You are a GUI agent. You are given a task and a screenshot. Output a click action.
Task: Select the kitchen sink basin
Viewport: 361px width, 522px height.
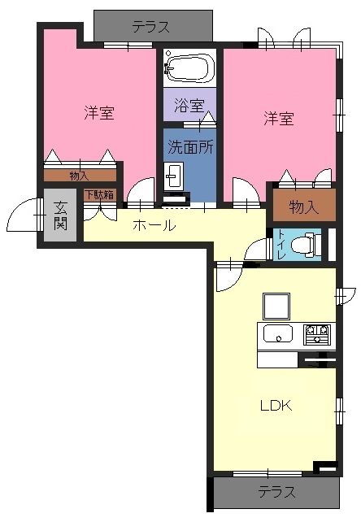[278, 333]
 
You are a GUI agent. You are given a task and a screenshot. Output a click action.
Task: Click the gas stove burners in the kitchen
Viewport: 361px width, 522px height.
[317, 334]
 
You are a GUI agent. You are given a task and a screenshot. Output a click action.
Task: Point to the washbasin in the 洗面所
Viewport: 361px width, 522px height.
[173, 176]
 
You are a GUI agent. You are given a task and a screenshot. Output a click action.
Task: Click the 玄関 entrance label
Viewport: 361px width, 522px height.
[60, 215]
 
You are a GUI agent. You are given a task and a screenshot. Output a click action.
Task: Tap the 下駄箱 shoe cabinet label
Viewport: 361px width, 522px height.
[100, 195]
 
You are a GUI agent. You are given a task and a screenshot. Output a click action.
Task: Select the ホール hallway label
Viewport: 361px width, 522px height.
[154, 225]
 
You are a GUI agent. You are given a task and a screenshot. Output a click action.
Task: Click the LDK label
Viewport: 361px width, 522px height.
[276, 406]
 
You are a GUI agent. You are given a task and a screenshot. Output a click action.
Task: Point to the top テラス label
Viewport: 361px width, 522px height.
[151, 27]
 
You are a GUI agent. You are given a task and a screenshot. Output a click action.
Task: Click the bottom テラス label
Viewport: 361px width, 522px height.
[276, 492]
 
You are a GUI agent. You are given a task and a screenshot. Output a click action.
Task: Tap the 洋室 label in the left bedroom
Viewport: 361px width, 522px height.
[99, 112]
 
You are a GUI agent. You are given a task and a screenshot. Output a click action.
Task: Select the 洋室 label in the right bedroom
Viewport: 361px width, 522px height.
[279, 119]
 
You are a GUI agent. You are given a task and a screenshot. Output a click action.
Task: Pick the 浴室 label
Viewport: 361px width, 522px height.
[189, 106]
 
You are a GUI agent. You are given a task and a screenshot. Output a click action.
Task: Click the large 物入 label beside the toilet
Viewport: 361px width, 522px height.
[304, 207]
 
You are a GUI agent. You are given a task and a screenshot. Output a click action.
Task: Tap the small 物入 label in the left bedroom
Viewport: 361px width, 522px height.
[79, 176]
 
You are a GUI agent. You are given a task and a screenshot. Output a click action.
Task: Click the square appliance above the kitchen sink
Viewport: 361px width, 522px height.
[276, 307]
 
